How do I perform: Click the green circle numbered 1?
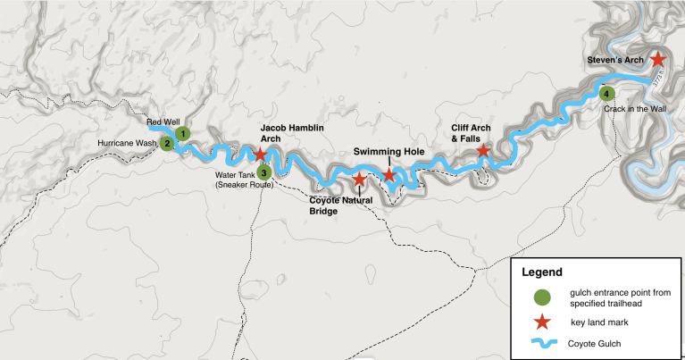pyautogui.click(x=182, y=133)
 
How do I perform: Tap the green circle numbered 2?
pyautogui.click(x=166, y=143)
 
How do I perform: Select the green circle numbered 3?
pyautogui.click(x=263, y=172)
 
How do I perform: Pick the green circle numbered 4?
pyautogui.click(x=606, y=94)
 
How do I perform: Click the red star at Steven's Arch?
pyautogui.click(x=657, y=59)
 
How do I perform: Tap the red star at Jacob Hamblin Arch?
pyautogui.click(x=260, y=155)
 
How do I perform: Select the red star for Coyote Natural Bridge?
pyautogui.click(x=358, y=180)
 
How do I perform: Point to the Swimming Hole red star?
pyautogui.click(x=388, y=174)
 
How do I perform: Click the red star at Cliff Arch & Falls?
pyautogui.click(x=482, y=151)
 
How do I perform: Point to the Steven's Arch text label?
pyautogui.click(x=615, y=60)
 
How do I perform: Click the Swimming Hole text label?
pyautogui.click(x=388, y=151)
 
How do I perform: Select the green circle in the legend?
pyautogui.click(x=541, y=297)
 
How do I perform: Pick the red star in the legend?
pyautogui.click(x=541, y=322)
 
